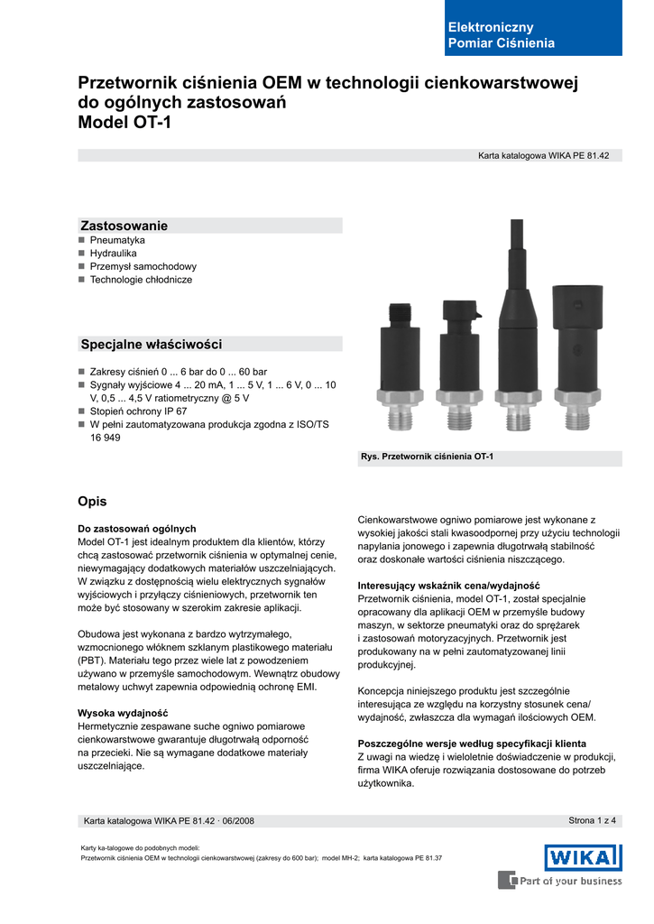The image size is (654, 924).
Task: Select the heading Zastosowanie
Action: [x=124, y=226]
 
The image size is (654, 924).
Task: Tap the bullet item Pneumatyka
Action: [x=117, y=241]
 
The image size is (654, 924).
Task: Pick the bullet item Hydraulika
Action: [x=113, y=254]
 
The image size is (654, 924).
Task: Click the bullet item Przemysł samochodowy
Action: [x=143, y=267]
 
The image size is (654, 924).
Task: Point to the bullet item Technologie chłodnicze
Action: [x=141, y=280]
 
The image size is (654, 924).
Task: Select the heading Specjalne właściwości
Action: [x=152, y=345]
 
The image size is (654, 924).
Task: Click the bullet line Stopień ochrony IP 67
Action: [x=138, y=411]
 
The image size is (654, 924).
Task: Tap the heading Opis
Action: [x=93, y=501]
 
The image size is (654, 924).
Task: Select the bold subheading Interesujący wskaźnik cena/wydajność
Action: [x=448, y=585]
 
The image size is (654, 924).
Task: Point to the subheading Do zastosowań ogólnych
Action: [x=137, y=528]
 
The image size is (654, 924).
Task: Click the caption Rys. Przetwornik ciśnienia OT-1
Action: [x=427, y=457]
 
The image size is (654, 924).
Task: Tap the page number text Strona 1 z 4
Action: [x=592, y=820]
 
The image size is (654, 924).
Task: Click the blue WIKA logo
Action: [x=582, y=857]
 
